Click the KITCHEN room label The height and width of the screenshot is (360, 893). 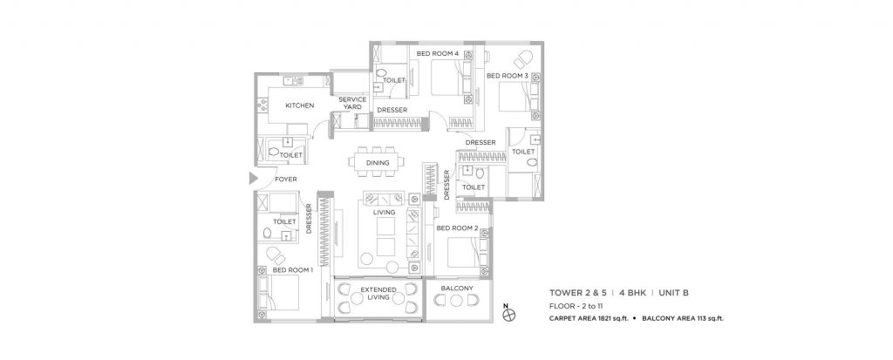pos(299,105)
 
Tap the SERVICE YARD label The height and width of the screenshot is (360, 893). pos(352,103)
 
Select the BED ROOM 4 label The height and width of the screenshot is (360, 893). pos(438,54)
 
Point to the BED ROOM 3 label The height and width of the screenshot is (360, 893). pos(507,76)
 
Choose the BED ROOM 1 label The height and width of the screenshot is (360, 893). pos(292,270)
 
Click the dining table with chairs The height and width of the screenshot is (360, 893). pos(378,162)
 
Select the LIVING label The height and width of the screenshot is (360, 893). pos(385,211)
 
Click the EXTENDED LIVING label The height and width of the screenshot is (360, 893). pos(379,292)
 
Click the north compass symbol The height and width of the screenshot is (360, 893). pos(508,315)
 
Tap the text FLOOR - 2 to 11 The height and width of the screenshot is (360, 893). pos(581,307)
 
